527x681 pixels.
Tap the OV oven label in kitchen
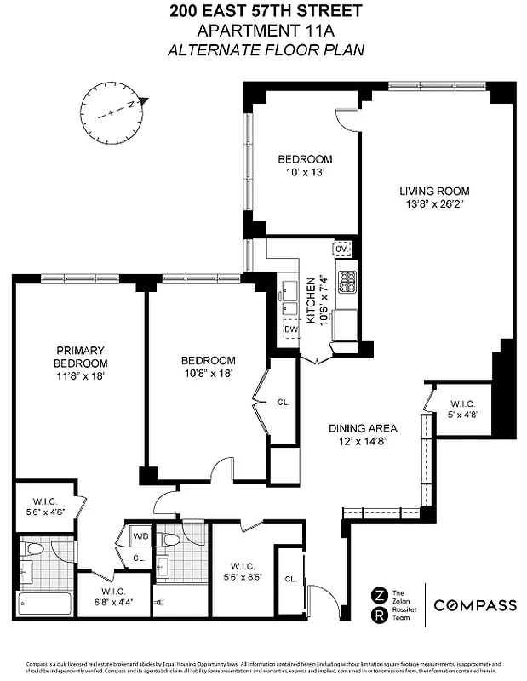[x=342, y=249]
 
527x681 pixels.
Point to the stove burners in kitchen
[x=347, y=280]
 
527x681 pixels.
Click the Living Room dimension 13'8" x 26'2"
[x=435, y=204]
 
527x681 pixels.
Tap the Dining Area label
[x=364, y=428]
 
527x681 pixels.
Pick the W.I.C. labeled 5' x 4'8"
[x=463, y=409]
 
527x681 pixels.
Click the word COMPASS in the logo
[x=475, y=606]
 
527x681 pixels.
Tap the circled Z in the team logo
[x=378, y=594]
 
